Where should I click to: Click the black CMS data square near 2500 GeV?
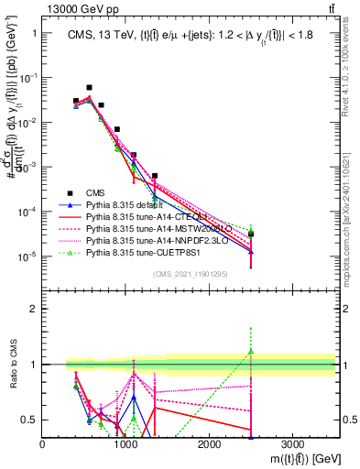(250, 234)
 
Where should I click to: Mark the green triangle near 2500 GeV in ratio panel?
(250, 351)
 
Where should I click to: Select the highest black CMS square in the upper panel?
(89, 88)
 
